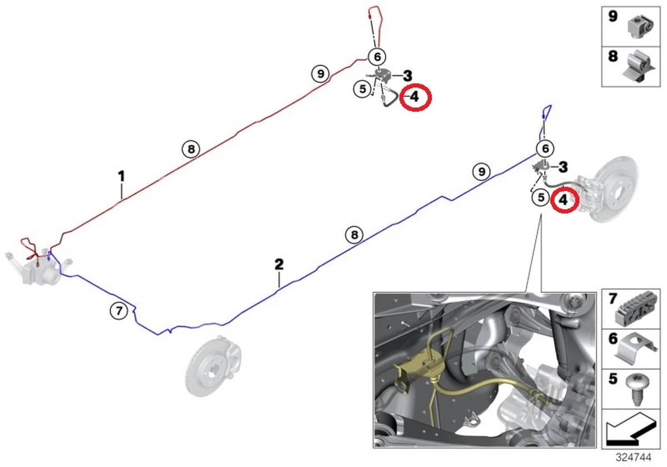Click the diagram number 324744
(x=633, y=457)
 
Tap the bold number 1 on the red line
(x=121, y=176)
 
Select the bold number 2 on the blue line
(x=278, y=264)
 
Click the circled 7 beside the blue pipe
(x=119, y=311)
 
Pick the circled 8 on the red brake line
(x=191, y=149)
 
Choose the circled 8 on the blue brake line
(x=354, y=235)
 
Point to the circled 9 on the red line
(x=320, y=73)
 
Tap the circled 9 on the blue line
(x=481, y=172)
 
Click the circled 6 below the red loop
(x=377, y=57)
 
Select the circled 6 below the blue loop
(x=545, y=148)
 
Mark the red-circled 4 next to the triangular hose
(x=415, y=97)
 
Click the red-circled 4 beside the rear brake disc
(x=564, y=200)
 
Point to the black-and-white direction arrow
(x=631, y=429)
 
